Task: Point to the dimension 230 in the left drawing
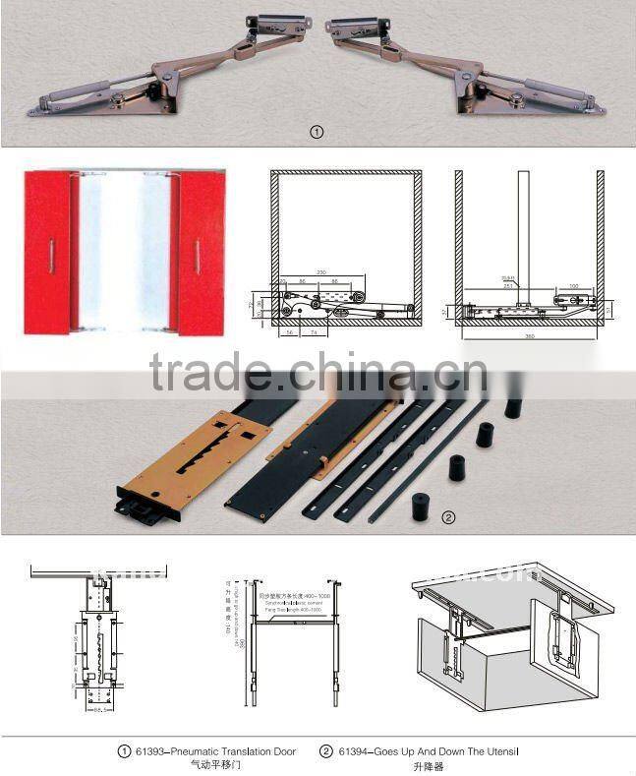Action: (321, 271)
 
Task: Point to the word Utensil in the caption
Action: (498, 751)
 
